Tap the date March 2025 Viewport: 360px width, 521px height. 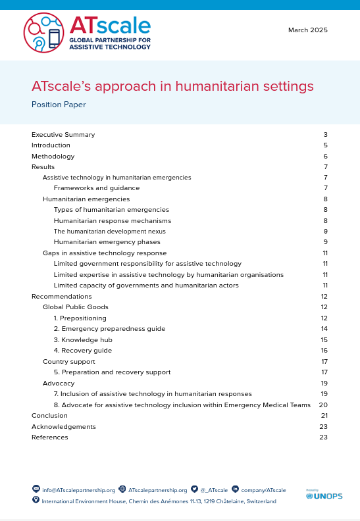(x=308, y=30)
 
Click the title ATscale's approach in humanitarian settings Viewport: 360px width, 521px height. (x=172, y=86)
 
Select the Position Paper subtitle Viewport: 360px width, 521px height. (x=59, y=105)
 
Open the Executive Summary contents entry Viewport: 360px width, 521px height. (x=63, y=135)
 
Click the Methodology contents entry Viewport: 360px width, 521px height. (x=53, y=157)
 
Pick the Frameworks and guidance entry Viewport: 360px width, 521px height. (x=97, y=188)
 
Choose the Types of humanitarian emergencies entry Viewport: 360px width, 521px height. (x=111, y=209)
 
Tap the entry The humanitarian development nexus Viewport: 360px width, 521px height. (x=110, y=232)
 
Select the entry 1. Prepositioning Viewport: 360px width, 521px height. (x=80, y=318)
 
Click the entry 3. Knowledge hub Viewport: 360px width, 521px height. (x=83, y=339)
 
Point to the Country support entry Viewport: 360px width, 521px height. (x=69, y=361)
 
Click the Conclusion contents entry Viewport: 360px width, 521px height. (x=49, y=416)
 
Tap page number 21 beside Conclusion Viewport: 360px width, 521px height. (x=324, y=416)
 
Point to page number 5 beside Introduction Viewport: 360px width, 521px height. (x=325, y=145)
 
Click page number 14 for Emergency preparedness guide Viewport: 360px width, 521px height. (x=324, y=328)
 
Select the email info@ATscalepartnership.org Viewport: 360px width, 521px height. (x=78, y=490)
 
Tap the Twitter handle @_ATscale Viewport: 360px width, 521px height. (x=214, y=490)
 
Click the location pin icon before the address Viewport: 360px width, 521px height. (x=36, y=501)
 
